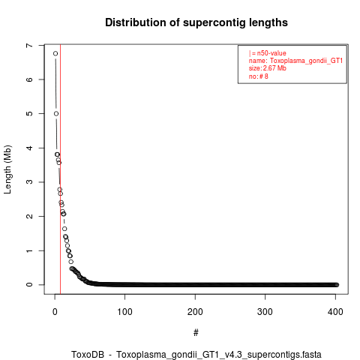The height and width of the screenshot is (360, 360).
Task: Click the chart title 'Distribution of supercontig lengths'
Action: coord(196,22)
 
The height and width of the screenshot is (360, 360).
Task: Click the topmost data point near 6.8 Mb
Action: coord(55,53)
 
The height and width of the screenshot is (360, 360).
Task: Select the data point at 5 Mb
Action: coord(56,113)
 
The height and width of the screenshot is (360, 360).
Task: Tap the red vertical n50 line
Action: coord(61,169)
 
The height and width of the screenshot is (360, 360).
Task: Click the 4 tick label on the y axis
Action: coord(29,148)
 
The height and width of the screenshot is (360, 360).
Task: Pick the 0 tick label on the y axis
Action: coord(29,285)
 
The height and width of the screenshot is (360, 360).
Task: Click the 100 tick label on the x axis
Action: coord(124,312)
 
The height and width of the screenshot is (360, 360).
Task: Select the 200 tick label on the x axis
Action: coord(195,312)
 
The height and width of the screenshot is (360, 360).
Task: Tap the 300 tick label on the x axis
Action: coord(265,312)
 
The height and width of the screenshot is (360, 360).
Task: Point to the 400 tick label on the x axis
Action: coord(335,312)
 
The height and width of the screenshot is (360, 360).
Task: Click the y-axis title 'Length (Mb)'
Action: coord(7,169)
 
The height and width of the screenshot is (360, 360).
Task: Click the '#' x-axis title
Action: coord(196,333)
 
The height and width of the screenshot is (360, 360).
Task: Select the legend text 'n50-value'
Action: coord(271,53)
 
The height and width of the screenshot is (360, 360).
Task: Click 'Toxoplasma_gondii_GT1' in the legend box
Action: coord(306,61)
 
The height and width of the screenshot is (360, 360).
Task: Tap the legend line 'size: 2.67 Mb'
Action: coord(268,68)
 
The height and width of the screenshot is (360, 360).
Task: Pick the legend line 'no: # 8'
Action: coord(259,76)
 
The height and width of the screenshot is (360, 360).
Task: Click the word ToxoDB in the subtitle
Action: coord(88,355)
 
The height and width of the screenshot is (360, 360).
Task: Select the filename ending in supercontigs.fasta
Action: coord(219,355)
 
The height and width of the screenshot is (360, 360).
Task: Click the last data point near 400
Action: coord(337,285)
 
